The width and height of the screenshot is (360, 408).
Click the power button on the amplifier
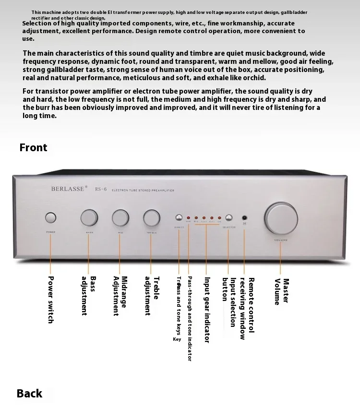click(x=51, y=218)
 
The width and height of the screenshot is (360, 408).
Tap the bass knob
click(x=89, y=217)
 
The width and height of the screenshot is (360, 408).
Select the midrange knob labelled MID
click(x=120, y=217)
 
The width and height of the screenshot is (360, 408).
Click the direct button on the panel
click(x=179, y=217)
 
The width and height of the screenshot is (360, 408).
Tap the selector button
click(x=228, y=217)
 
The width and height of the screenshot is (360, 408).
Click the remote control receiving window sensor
click(x=244, y=217)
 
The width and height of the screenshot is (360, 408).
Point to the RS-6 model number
click(x=101, y=189)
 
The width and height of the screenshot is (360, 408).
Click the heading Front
click(x=33, y=147)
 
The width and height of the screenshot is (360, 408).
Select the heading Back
click(x=29, y=394)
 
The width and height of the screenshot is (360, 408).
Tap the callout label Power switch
click(x=51, y=300)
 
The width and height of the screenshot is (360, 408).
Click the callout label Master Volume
click(x=282, y=291)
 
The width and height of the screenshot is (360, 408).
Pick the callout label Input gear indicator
click(x=207, y=310)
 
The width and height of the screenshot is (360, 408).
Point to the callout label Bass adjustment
click(x=89, y=296)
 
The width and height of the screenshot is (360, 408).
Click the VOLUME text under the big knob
click(x=281, y=240)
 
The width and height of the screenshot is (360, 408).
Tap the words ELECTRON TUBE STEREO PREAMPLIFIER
click(x=143, y=191)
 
